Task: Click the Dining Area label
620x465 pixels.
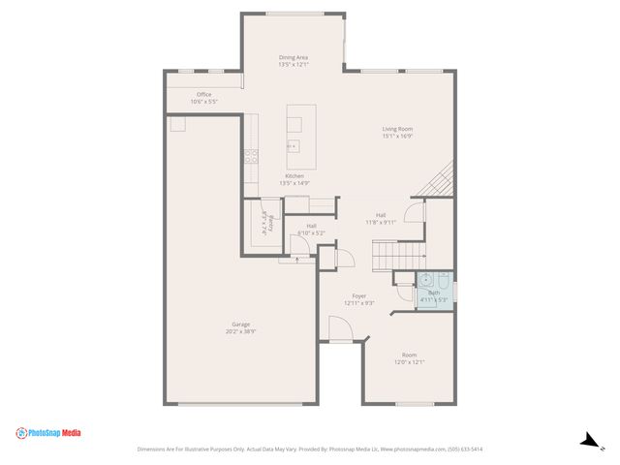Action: point(294,61)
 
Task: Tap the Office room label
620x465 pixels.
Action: point(203,97)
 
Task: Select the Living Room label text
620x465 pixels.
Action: point(397,132)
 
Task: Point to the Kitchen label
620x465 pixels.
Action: point(294,179)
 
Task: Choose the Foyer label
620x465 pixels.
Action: point(358,298)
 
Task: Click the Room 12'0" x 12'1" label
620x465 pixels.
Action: point(410,358)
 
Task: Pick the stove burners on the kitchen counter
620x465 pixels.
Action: point(252,153)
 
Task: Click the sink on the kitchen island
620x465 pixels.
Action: point(293,145)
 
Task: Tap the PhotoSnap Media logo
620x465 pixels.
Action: point(48,433)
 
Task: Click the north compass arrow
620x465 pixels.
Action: point(589,441)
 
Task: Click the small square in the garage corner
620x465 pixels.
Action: point(178,124)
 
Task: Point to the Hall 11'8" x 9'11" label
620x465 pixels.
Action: point(381,219)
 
